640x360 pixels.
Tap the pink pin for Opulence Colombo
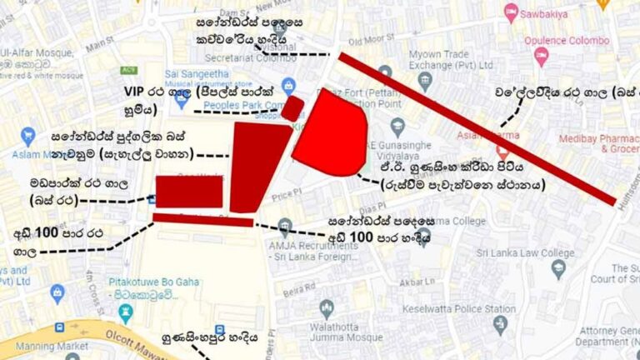point(542,57)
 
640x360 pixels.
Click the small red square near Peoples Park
point(292,108)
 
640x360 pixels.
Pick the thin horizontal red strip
point(202,219)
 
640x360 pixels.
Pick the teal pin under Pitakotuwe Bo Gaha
point(126,312)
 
